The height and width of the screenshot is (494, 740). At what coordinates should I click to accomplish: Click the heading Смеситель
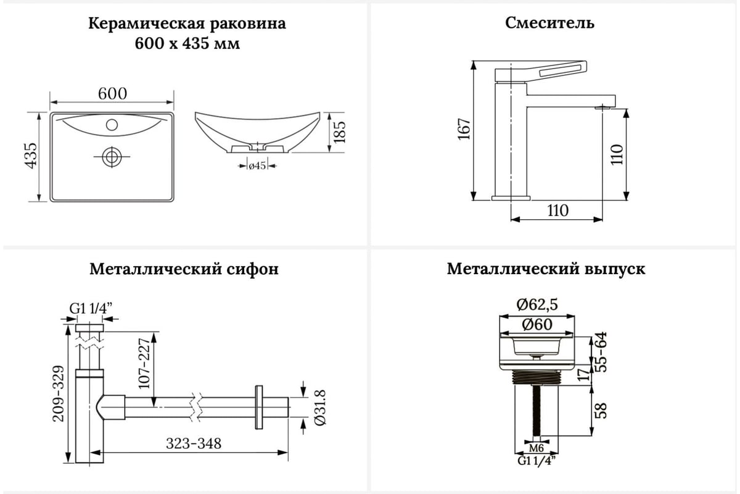tap(549, 23)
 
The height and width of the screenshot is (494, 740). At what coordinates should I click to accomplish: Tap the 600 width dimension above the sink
tap(112, 93)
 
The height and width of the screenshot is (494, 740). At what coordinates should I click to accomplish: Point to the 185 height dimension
tap(340, 133)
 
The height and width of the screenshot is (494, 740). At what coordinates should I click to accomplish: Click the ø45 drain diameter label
tap(257, 165)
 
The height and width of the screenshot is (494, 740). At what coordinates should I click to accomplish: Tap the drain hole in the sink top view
tap(112, 156)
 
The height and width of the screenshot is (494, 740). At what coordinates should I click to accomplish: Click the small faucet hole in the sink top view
tap(112, 125)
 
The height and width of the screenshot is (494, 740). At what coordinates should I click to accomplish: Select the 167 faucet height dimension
tap(464, 129)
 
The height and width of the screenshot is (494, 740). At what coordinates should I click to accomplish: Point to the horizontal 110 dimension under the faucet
tap(557, 210)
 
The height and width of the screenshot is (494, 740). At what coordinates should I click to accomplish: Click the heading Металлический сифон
tap(184, 270)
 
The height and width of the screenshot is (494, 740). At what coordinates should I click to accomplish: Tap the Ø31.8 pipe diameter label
tap(319, 408)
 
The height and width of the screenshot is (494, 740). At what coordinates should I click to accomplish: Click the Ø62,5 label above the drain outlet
tap(538, 304)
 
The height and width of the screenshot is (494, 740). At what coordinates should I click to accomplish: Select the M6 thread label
tap(536, 447)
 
